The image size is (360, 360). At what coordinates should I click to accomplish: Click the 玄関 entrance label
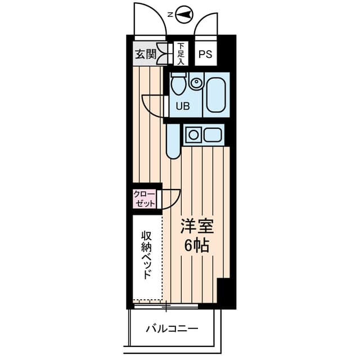click(x=146, y=54)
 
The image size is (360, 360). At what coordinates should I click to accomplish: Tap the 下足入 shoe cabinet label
click(x=181, y=54)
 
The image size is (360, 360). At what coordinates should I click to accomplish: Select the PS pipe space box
click(x=206, y=54)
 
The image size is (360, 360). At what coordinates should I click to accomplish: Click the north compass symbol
click(x=184, y=15)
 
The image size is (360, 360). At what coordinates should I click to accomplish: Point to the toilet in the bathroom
click(x=179, y=84)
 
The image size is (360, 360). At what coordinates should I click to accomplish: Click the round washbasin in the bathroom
click(x=196, y=82)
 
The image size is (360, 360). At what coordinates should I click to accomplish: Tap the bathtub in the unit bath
click(x=216, y=95)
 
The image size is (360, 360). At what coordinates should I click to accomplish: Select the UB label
click(x=183, y=106)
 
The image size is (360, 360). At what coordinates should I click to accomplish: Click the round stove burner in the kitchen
click(x=193, y=135)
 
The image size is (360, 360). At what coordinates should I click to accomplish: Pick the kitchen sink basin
click(x=213, y=135)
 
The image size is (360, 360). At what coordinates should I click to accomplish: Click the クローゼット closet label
click(x=145, y=199)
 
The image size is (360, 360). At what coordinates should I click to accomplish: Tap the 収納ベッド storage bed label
click(x=147, y=255)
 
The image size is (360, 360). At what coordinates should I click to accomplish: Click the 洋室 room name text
click(x=197, y=226)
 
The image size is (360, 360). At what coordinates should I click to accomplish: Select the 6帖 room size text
click(x=197, y=246)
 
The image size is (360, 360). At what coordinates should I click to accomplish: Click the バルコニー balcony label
click(x=172, y=329)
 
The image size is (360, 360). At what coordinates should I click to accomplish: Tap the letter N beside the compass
click(x=170, y=15)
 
